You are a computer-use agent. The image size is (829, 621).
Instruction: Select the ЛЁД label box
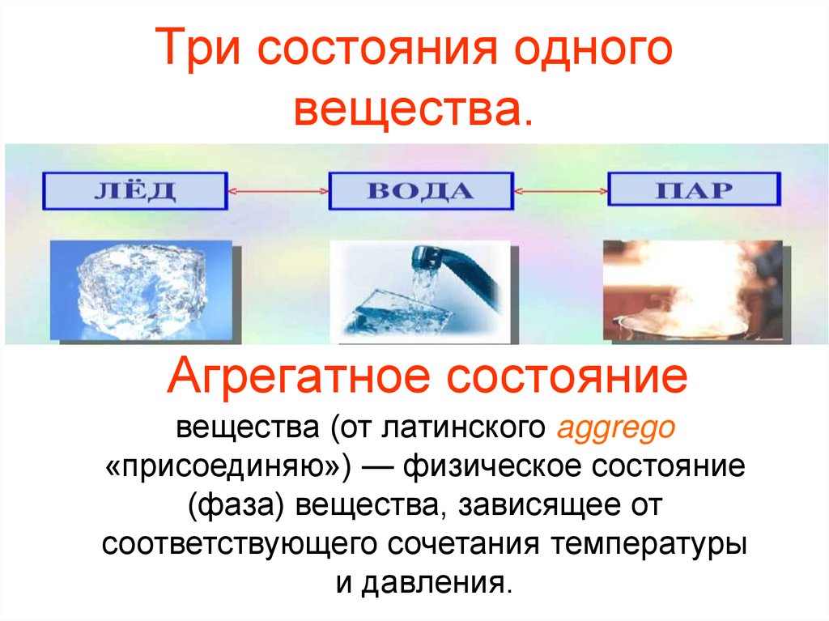(x=134, y=191)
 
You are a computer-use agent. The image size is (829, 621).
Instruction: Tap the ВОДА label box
(x=419, y=191)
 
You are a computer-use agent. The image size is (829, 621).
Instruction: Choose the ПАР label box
(x=694, y=190)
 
